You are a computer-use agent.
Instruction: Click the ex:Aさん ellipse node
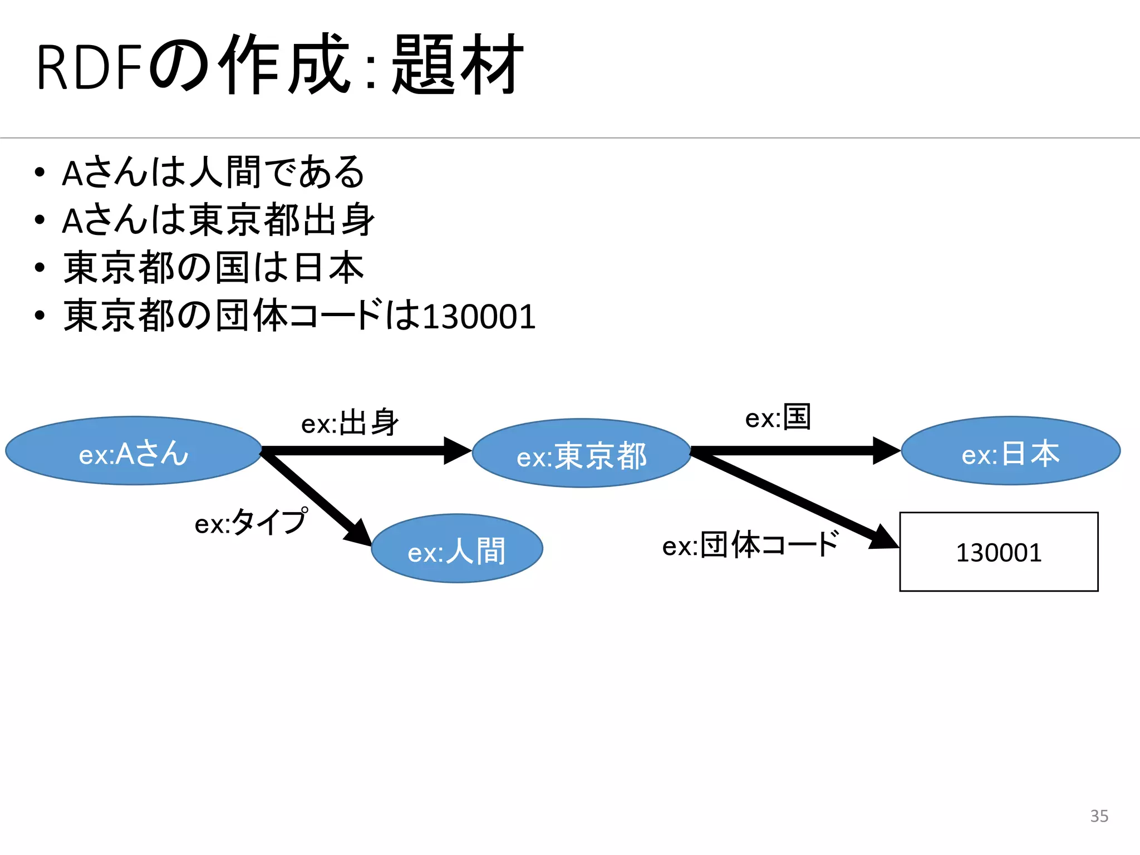(134, 451)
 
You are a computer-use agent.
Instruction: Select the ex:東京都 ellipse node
(581, 453)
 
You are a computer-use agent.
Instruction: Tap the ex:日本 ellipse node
(1010, 451)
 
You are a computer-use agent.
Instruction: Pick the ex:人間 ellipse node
(456, 549)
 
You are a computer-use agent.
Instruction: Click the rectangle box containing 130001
(999, 552)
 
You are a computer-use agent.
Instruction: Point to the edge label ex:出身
(350, 423)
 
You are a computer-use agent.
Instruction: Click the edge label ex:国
(778, 417)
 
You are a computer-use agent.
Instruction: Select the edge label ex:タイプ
(250, 522)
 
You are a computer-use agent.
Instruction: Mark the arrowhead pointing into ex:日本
(887, 450)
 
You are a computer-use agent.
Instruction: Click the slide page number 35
(1099, 816)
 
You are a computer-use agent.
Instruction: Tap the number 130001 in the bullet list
(479, 317)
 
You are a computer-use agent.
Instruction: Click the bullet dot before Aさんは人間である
(39, 173)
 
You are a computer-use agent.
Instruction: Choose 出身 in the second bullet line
(339, 220)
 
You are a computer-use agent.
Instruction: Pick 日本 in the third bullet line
(328, 268)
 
